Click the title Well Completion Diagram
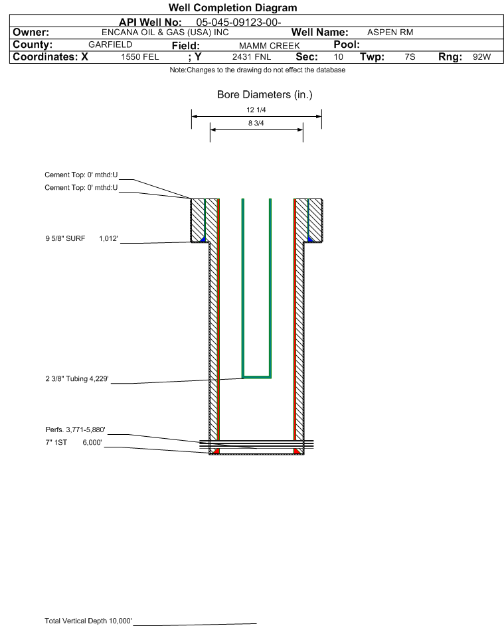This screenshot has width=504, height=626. (233, 7)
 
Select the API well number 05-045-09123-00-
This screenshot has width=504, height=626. (238, 23)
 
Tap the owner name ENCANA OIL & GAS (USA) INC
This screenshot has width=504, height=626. (165, 33)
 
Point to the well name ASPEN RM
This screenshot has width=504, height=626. (390, 33)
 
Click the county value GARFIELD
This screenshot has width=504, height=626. (110, 44)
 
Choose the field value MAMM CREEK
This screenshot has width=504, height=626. (269, 46)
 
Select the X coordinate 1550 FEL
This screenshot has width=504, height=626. (139, 56)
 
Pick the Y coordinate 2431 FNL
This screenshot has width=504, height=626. (252, 56)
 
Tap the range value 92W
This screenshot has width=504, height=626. (481, 56)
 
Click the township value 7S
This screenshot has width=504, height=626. (410, 56)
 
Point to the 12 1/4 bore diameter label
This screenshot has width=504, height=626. (256, 110)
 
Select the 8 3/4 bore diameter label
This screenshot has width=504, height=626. (256, 123)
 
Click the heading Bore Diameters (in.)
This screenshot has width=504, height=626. (264, 95)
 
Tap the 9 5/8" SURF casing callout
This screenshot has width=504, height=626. (82, 238)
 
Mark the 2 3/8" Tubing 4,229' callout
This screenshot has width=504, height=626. (77, 378)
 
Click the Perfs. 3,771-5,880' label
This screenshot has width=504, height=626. (76, 430)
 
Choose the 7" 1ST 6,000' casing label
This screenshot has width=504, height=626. (74, 442)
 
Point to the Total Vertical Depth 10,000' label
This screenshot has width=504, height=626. (88, 621)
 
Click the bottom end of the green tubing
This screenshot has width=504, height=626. (257, 377)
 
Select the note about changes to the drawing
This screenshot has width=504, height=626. (258, 70)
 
